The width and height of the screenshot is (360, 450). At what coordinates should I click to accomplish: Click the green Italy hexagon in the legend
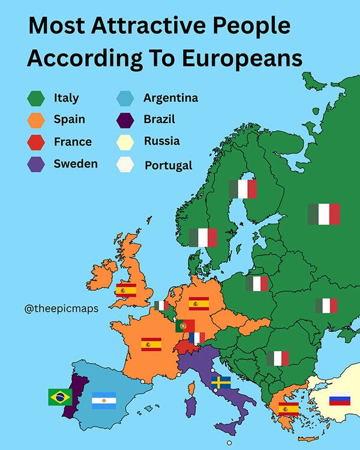[36, 97]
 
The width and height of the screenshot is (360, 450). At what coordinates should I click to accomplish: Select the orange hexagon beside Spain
[36, 119]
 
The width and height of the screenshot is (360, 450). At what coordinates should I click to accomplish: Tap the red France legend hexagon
[36, 142]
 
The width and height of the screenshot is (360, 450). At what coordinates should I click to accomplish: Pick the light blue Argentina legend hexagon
[125, 97]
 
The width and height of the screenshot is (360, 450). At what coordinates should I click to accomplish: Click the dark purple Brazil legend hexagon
[125, 119]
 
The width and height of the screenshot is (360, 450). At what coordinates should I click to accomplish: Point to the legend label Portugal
[168, 165]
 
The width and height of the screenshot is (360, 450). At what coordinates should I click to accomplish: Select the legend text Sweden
[76, 164]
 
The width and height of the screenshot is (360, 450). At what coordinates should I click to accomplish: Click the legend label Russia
[161, 142]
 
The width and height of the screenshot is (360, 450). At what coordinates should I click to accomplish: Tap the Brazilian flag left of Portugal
[60, 397]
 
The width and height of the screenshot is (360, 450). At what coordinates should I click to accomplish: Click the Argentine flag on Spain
[104, 400]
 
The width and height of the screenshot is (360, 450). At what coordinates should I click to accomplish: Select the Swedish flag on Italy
[221, 382]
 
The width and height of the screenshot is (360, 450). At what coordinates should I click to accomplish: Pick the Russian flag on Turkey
[340, 399]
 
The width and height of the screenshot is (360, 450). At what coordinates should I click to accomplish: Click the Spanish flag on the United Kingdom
[126, 290]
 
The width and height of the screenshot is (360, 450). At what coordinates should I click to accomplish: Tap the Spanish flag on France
[151, 344]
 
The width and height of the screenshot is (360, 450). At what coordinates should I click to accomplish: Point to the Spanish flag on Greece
[289, 409]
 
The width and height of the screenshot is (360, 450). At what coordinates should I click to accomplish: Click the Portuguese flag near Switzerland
[185, 326]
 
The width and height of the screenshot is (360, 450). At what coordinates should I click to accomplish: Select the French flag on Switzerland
[196, 338]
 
